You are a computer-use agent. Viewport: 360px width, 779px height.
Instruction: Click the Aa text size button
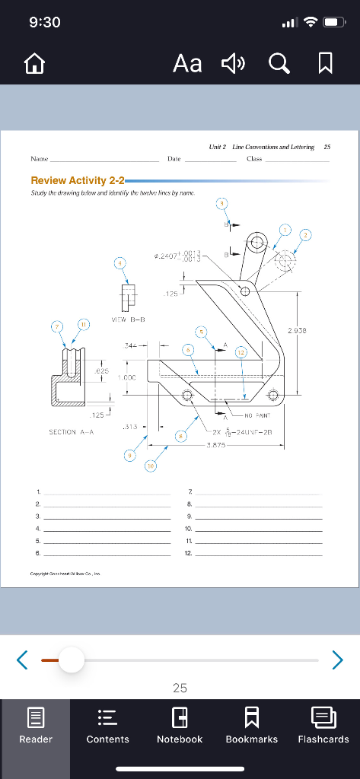point(188,64)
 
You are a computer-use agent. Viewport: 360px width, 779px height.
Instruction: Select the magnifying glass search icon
point(279,64)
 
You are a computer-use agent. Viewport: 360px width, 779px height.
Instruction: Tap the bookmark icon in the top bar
point(325,64)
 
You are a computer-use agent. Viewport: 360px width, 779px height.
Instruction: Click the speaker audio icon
point(233,64)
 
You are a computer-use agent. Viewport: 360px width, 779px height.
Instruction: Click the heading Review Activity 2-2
point(77,180)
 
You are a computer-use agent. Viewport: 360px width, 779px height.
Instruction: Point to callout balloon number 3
point(221,203)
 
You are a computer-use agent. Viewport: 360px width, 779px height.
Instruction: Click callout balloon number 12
point(241,352)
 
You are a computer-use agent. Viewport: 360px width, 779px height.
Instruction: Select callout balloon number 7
point(56,327)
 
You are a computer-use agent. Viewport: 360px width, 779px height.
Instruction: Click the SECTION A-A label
point(71,431)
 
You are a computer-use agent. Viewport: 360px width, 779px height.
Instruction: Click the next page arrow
point(337,660)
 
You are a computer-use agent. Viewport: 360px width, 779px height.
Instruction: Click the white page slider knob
point(71,660)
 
